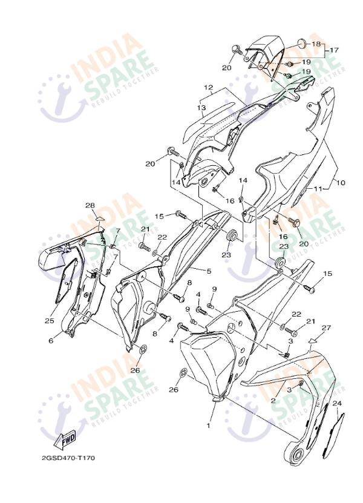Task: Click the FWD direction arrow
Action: coord(66,439)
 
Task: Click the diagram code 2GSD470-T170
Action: coord(68,458)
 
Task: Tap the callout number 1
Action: coord(208,426)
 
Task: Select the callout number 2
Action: coord(273,400)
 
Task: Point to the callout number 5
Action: coord(209,271)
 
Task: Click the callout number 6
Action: coord(51,341)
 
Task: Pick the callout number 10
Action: coord(341,183)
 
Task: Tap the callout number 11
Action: coord(318,189)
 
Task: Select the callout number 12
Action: coord(209,87)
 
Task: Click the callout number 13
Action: coord(201,108)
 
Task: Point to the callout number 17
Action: coord(334,50)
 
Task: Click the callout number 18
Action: coord(316,44)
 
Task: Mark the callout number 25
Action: coord(50,320)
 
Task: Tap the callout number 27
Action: coord(326,327)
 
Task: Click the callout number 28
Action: coord(90,205)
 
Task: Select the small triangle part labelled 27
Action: coord(314,340)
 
